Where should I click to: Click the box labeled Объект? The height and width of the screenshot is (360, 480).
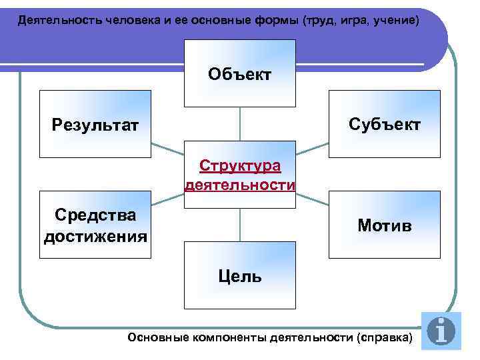click(239, 73)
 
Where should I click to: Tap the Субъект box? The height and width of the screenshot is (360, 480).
click(385, 124)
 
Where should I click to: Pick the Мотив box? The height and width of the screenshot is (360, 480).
click(385, 225)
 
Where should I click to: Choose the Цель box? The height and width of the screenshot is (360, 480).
click(239, 275)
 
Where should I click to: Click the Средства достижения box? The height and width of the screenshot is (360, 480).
click(95, 225)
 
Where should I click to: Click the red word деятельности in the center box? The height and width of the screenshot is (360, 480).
click(240, 185)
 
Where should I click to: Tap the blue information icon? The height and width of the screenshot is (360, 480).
click(441, 331)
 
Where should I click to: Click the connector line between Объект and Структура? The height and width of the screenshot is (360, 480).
click(239, 124)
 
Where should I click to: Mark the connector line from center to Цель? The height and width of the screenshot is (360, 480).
click(239, 224)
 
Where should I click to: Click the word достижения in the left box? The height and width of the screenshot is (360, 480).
click(95, 237)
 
